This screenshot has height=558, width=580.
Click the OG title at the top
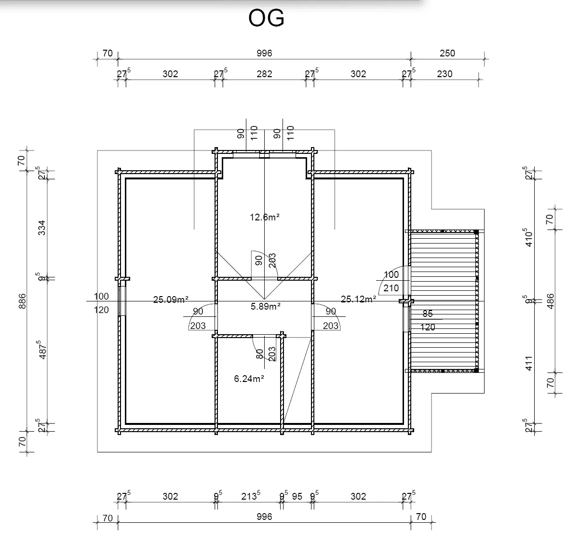(266, 19)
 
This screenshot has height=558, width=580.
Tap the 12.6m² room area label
(265, 217)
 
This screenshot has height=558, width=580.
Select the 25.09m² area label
(171, 299)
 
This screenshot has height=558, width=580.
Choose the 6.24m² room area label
(249, 379)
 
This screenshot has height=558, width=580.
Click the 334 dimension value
(42, 228)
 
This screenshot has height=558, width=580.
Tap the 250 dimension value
(447, 54)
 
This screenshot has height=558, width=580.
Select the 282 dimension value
(264, 74)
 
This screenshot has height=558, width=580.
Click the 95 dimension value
(297, 496)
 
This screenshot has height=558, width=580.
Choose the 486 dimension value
(551, 302)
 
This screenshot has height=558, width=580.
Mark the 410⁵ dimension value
(529, 238)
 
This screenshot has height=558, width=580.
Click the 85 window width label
(428, 314)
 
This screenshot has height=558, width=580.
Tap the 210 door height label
(391, 288)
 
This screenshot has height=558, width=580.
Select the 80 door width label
(260, 354)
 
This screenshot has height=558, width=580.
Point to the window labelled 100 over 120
(122, 301)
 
